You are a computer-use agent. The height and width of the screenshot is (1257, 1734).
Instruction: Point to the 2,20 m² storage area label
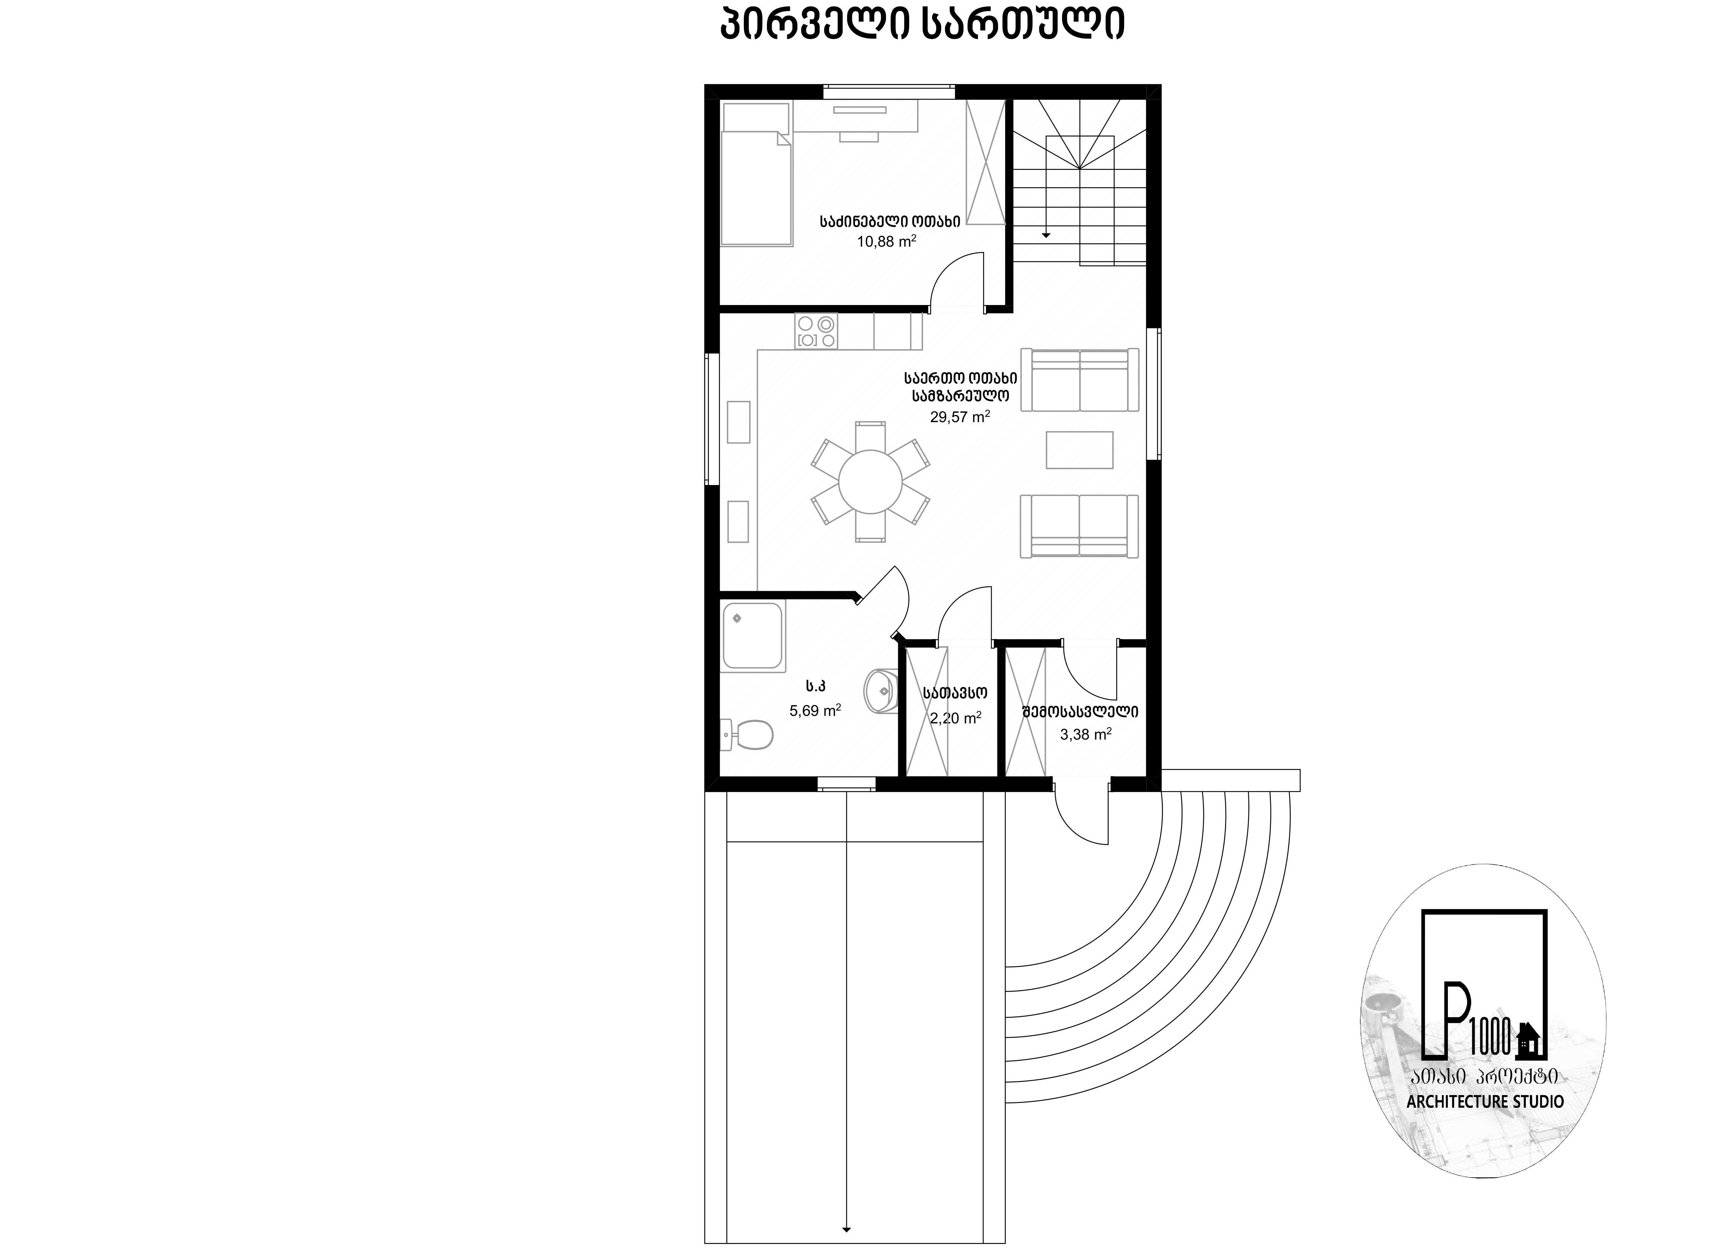pyautogui.click(x=956, y=718)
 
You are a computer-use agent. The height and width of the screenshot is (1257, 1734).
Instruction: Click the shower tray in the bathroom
pyautogui.click(x=754, y=636)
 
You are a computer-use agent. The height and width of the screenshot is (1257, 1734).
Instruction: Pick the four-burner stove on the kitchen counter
pyautogui.click(x=816, y=331)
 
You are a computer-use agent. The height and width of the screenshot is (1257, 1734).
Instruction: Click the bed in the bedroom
pyautogui.click(x=756, y=174)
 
